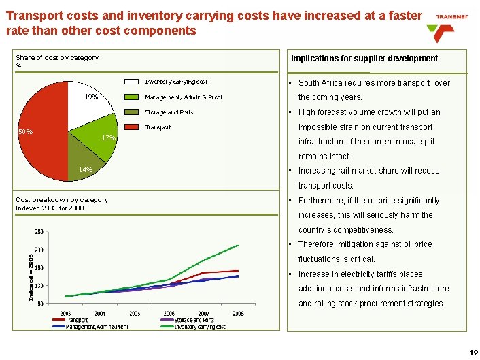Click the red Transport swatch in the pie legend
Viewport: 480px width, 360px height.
133,127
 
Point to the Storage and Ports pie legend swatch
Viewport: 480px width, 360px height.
133,112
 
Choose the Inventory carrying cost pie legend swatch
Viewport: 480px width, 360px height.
133,82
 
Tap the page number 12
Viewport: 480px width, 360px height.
474,353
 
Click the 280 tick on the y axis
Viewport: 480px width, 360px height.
40,232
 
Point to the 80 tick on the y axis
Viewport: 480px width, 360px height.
41,303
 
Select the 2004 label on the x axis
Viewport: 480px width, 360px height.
100,313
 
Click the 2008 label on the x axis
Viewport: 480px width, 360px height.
238,313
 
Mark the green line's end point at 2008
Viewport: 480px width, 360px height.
238,245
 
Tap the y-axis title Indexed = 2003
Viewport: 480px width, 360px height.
31,277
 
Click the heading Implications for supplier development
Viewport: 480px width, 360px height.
364,59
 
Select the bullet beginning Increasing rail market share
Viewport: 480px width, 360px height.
368,171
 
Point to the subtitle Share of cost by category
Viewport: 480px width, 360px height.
57,58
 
